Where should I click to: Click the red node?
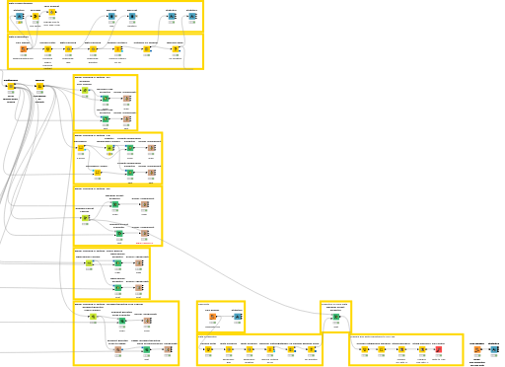point(438,348)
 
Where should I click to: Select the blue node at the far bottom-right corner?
point(494,349)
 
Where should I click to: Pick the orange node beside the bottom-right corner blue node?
point(477,349)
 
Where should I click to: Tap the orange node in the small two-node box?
point(212,317)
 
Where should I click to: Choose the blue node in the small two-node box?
point(237,317)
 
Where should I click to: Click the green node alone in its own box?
point(335,317)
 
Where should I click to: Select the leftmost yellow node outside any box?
point(11,87)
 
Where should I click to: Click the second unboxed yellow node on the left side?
point(39,87)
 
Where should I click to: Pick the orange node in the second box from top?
point(24,48)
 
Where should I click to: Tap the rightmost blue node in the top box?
point(192,16)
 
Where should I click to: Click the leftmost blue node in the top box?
point(19,16)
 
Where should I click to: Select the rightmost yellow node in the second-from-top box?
point(175,48)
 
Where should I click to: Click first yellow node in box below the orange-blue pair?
point(207,348)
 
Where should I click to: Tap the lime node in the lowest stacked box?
point(93,317)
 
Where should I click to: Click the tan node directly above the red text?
point(144,233)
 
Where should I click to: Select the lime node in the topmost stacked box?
point(85,90)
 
